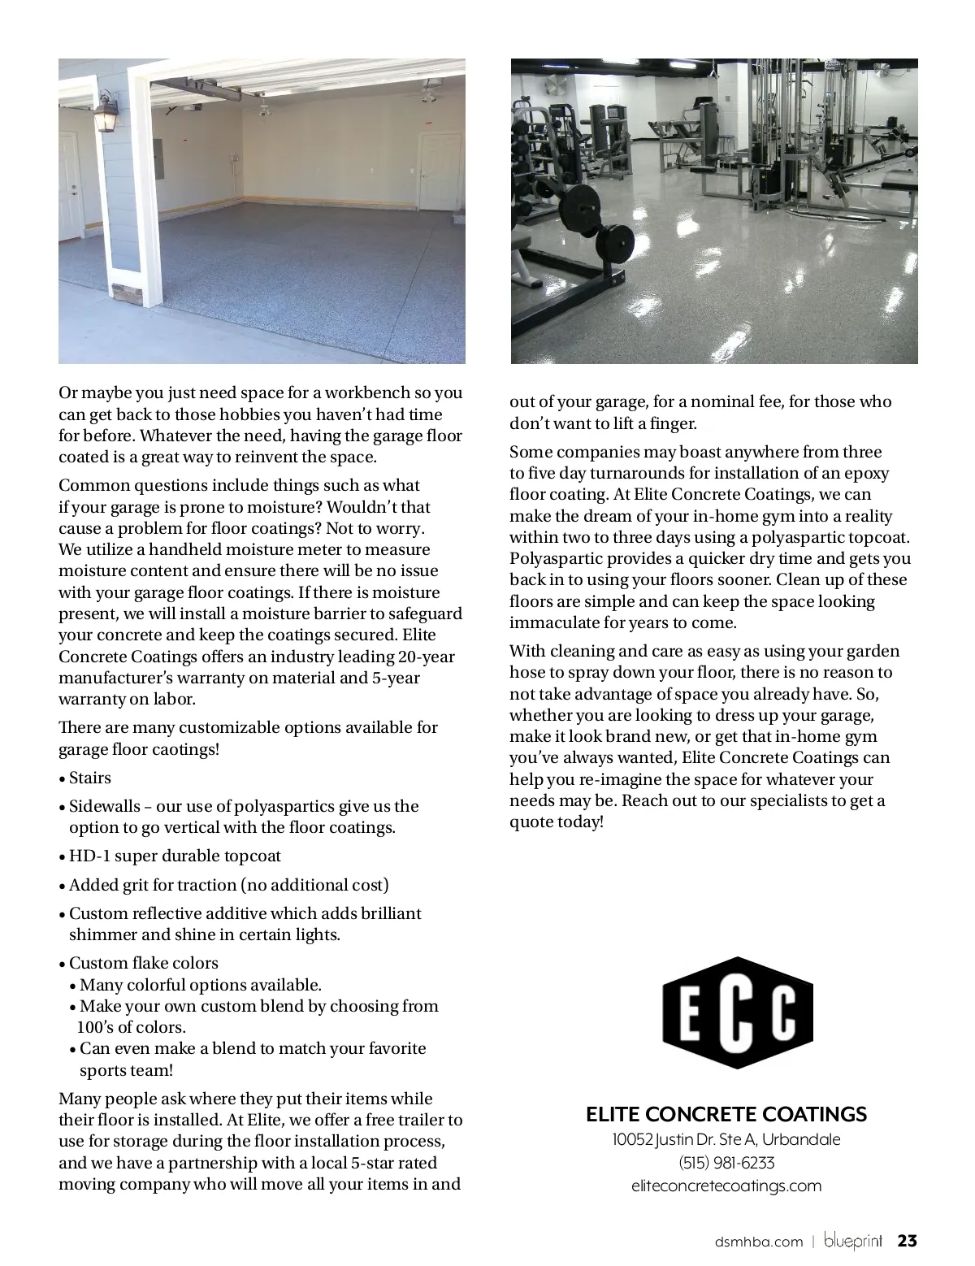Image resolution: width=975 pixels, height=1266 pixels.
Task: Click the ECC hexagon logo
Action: click(x=738, y=1012)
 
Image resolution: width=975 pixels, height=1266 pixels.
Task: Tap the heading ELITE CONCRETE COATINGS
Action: click(x=726, y=1114)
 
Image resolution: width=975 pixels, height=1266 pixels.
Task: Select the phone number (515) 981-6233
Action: click(x=726, y=1163)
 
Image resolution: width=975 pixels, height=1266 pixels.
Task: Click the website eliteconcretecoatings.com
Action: click(x=726, y=1186)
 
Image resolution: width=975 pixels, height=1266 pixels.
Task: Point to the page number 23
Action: click(x=907, y=1241)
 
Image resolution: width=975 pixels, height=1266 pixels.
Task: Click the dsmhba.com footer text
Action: click(x=759, y=1242)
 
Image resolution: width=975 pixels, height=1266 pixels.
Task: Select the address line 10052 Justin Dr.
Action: click(x=726, y=1139)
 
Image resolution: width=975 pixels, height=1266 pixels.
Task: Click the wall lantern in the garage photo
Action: click(x=106, y=113)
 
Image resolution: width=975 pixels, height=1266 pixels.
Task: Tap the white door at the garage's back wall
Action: click(x=440, y=172)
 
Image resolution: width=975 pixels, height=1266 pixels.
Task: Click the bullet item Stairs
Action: click(x=89, y=778)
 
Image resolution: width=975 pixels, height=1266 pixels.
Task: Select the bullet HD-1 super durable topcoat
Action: click(x=175, y=856)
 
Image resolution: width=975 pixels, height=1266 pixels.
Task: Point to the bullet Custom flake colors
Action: click(x=143, y=963)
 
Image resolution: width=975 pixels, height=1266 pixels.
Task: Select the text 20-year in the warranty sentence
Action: click(x=427, y=657)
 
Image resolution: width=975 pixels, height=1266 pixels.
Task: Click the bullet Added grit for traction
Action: click(x=228, y=885)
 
